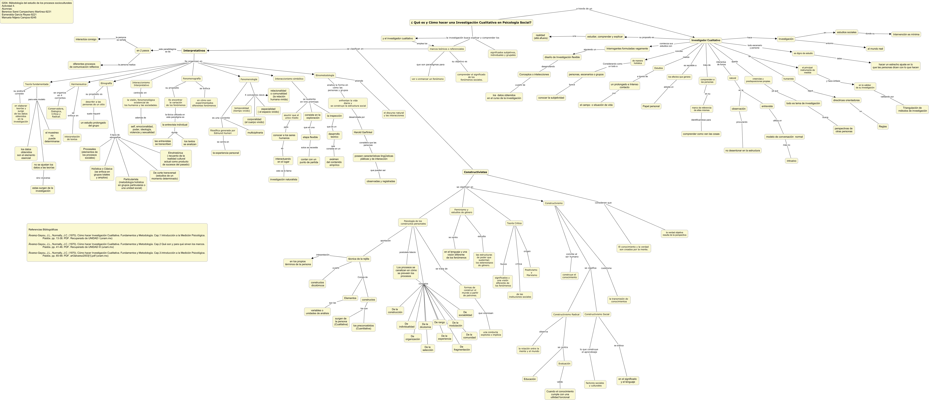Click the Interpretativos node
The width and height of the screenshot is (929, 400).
coord(194,50)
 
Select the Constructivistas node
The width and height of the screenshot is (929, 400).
coord(475,172)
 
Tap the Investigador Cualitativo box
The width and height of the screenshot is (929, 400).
coord(706,40)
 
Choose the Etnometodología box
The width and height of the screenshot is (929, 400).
coord(325,75)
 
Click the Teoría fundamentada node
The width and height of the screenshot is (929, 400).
coord(36,84)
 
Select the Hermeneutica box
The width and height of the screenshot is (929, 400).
coord(79,84)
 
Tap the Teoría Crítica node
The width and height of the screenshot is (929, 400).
coord(514,223)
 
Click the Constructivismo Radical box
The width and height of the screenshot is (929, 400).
coord(566,314)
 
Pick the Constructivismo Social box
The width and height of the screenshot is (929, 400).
coord(597,314)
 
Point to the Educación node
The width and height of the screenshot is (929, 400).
coord(529,379)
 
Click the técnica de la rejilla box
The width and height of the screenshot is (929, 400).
coord(358,259)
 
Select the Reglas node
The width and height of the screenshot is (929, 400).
coord(883,127)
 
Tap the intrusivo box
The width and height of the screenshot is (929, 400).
coord(791,161)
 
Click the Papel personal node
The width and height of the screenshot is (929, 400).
coord(651,106)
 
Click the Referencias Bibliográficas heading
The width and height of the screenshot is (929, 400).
coord(43,229)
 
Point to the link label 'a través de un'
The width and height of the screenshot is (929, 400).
coord(584,9)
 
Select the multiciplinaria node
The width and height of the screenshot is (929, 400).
coord(255,133)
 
